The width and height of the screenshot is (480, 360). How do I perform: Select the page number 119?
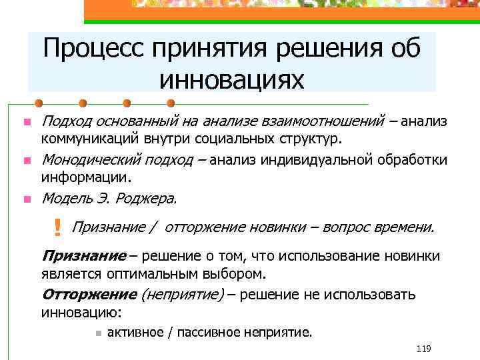[423, 349]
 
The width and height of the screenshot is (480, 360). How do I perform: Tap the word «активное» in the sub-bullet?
[135, 332]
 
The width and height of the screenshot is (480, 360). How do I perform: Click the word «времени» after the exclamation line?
[403, 227]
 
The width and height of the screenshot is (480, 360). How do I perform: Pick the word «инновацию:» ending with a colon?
[82, 312]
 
